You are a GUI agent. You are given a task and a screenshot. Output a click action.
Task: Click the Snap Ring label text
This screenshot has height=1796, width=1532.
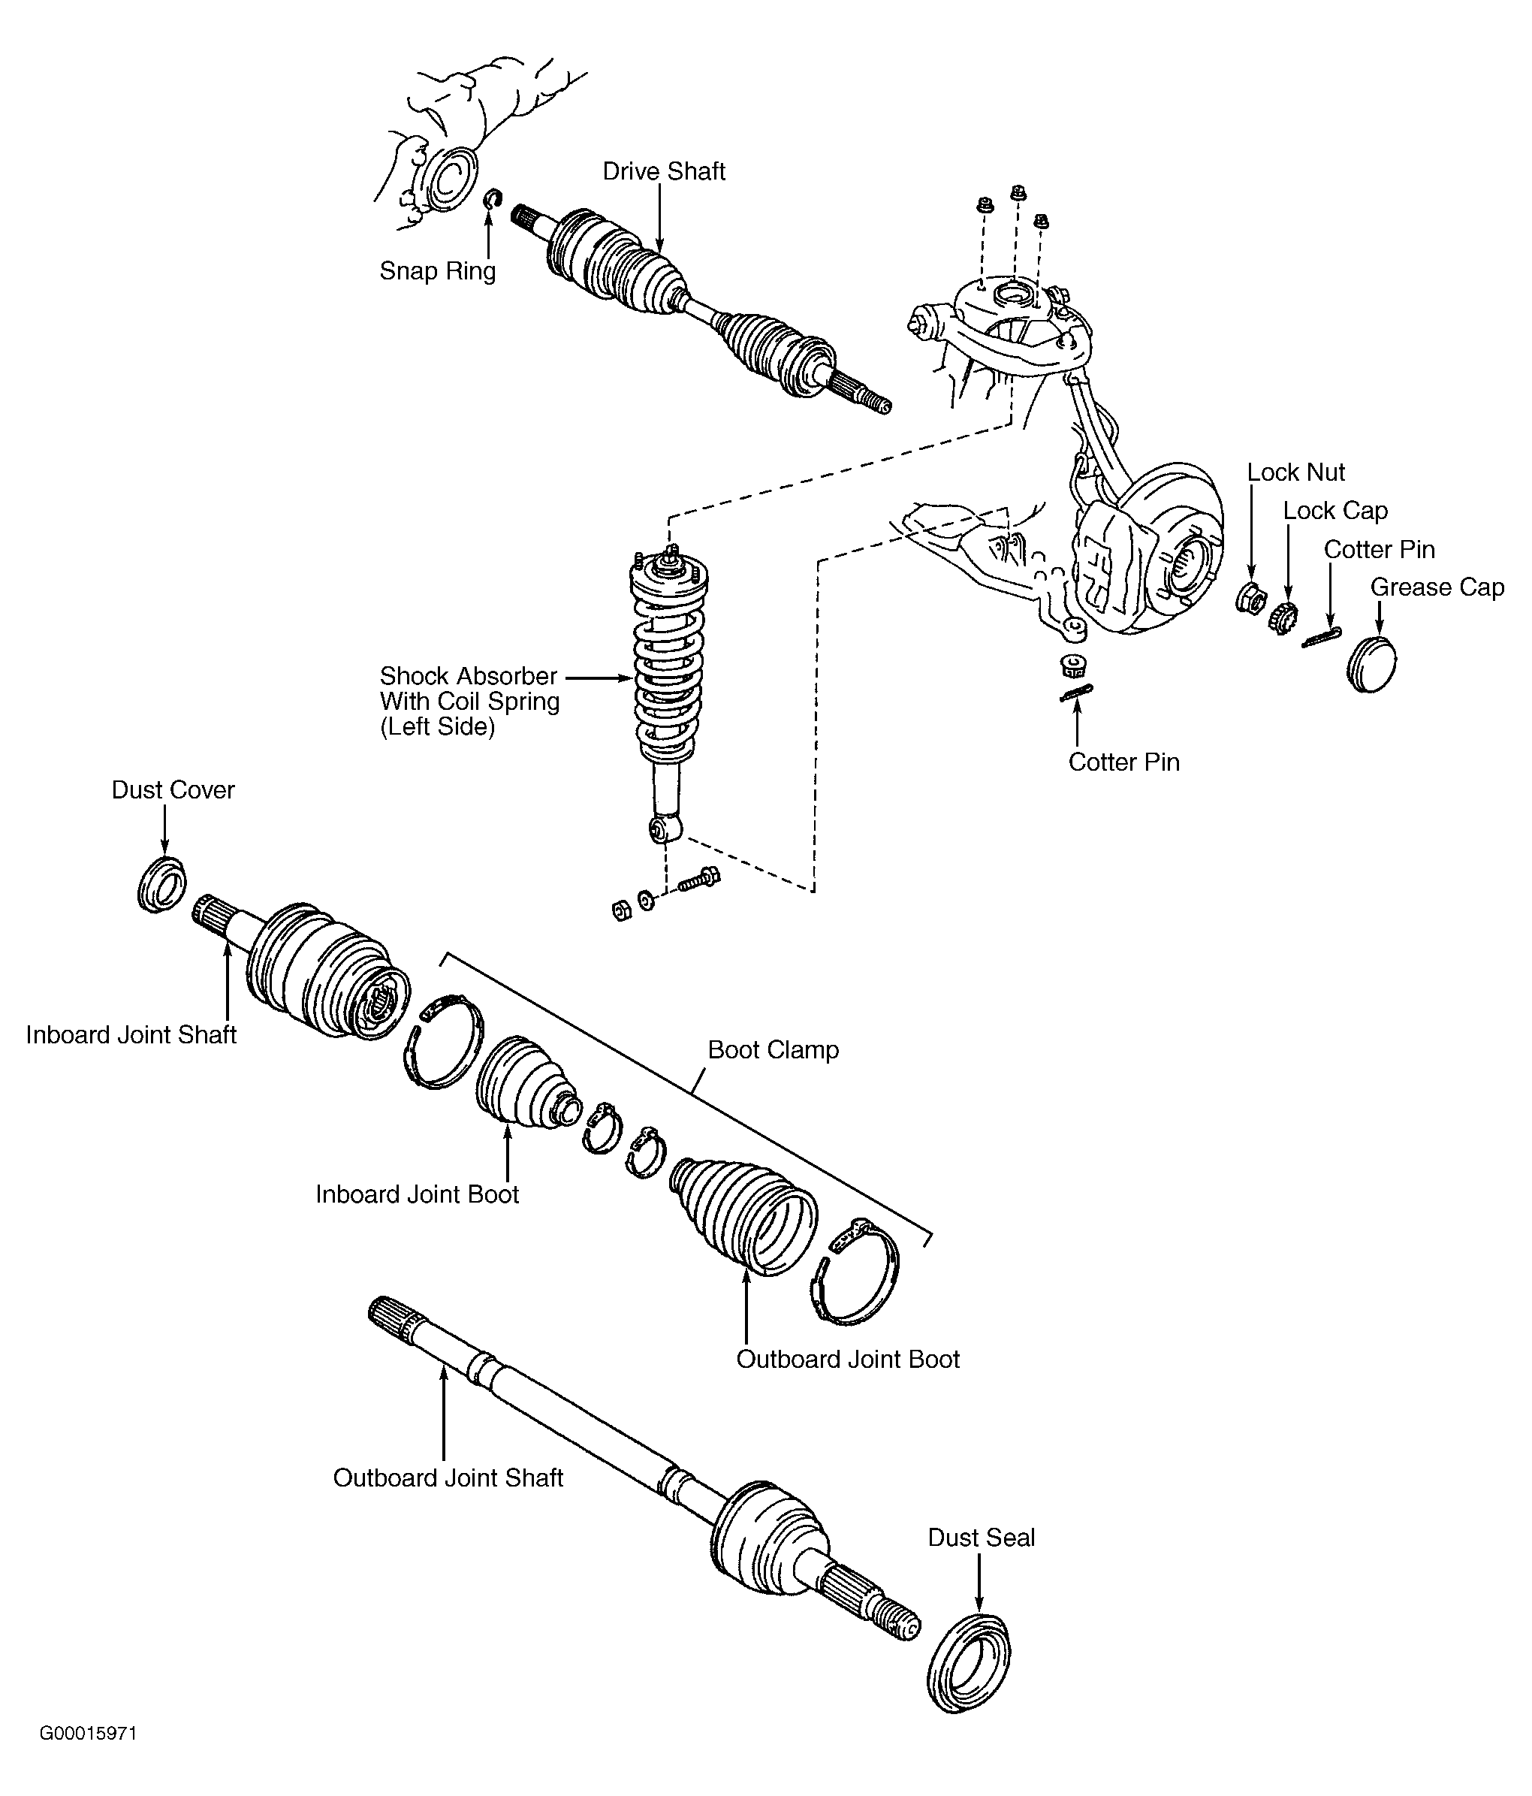[438, 271]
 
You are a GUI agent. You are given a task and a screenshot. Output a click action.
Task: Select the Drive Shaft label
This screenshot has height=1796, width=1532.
[664, 171]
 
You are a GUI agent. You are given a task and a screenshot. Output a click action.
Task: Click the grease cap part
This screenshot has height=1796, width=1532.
[1373, 663]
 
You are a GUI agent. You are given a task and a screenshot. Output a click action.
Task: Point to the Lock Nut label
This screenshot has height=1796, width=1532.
[1295, 472]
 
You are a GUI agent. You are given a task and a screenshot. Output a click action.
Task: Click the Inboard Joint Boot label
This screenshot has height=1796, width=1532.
[417, 1194]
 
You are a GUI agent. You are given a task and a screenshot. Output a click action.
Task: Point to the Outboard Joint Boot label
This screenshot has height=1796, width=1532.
[847, 1358]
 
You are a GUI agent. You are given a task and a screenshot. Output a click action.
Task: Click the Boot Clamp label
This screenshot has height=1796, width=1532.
[773, 1049]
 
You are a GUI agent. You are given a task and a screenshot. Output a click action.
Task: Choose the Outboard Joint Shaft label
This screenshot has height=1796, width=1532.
[448, 1477]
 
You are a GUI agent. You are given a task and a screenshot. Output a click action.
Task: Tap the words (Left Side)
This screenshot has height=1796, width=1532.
[438, 726]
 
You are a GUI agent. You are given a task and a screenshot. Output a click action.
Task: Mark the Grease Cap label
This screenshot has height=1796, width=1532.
[1437, 587]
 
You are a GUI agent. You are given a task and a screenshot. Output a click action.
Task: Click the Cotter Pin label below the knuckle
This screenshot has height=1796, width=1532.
[1124, 762]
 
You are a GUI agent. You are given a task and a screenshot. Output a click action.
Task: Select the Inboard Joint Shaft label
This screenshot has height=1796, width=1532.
[131, 1035]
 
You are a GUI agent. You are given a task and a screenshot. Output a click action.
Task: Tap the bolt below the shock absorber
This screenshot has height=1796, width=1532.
[699, 880]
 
